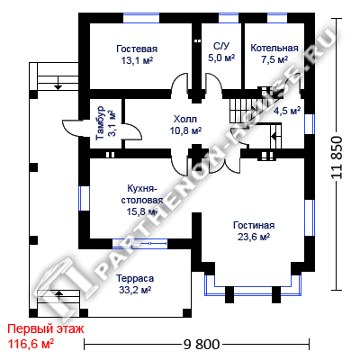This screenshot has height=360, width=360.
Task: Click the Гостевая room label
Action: point(137,49)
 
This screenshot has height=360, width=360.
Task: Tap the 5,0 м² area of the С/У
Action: point(221,58)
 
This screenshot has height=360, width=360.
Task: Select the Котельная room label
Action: point(274,48)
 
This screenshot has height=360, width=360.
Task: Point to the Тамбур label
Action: point(101,123)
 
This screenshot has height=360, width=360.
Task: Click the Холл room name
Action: point(185,119)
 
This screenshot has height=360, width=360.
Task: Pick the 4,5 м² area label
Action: point(287,111)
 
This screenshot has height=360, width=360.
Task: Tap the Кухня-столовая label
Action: point(142,194)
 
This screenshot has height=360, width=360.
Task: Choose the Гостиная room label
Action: point(254,225)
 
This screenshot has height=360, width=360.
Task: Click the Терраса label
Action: point(135,278)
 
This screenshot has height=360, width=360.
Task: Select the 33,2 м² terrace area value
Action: point(135,290)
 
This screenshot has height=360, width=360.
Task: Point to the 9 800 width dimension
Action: point(202,345)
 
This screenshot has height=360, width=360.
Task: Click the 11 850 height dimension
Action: point(337,157)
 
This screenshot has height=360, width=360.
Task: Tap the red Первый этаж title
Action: point(46,329)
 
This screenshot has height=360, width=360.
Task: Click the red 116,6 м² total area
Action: point(31,344)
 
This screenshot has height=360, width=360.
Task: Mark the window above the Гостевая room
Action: point(141,18)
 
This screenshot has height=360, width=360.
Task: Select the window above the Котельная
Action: point(277,18)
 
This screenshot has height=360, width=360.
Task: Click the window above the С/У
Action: point(229,18)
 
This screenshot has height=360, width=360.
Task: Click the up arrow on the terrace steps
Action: point(59,295)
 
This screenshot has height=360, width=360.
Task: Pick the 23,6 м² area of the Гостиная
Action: point(254,237)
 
